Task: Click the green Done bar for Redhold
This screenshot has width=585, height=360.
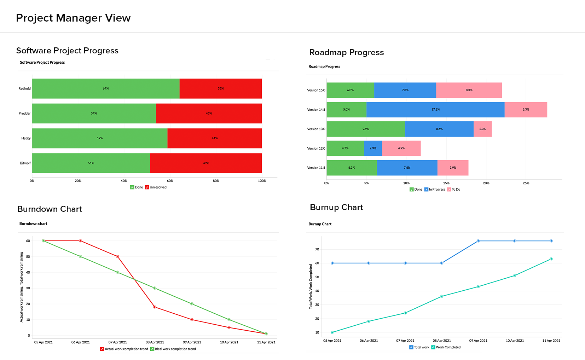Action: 106,88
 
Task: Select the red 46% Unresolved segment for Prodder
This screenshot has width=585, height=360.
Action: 209,114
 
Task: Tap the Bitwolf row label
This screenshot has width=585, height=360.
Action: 25,163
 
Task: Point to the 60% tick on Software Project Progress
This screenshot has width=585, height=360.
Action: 170,181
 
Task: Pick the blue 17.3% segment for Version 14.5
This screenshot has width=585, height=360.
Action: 435,110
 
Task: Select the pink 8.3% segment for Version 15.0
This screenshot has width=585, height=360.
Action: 469,90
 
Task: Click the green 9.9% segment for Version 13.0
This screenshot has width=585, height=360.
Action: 366,129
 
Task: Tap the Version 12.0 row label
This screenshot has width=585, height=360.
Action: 316,149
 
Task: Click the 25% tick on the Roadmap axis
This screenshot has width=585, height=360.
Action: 526,183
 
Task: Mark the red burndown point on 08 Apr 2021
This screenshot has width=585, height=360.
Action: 155,307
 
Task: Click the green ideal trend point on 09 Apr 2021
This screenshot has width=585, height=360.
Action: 192,304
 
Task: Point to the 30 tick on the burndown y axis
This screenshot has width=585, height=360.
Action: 28,288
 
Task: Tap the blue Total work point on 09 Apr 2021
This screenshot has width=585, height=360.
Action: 478,241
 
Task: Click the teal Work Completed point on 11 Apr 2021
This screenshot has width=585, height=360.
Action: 551,259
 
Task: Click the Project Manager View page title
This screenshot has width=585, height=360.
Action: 73,18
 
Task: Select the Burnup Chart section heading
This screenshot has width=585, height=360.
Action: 336,207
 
